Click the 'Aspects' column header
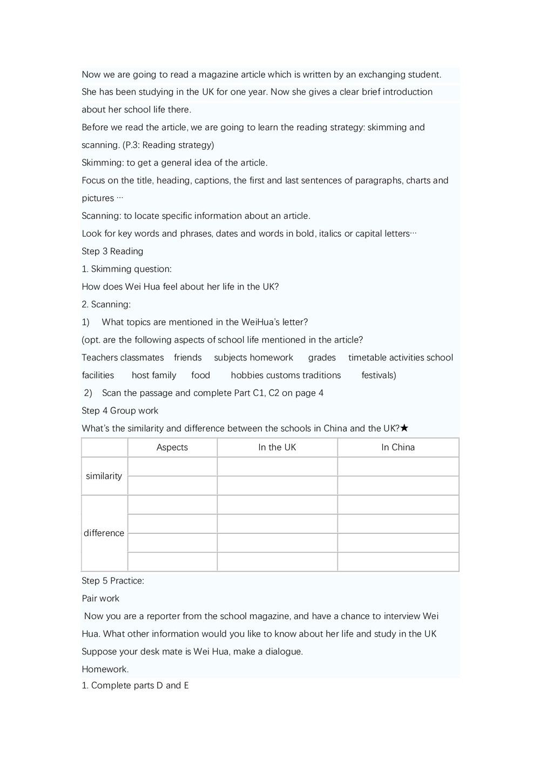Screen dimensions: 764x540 point(172,447)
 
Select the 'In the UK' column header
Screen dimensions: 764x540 point(277,447)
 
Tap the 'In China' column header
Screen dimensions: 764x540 point(398,447)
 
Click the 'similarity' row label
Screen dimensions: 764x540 point(104,476)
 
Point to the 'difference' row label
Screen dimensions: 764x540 point(104,533)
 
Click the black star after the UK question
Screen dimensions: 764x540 point(404,428)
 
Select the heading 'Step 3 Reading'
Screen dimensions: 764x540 point(112,251)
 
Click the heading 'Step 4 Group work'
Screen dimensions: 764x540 point(120,411)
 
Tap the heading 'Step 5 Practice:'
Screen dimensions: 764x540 point(113,581)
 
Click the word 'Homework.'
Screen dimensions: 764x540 point(105,669)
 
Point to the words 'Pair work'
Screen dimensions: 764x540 point(100,599)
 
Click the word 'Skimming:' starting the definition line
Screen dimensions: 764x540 point(103,163)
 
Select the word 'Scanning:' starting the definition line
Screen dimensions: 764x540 point(102,216)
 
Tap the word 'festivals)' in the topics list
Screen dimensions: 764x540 point(379,376)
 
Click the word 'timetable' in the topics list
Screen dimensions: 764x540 point(367,358)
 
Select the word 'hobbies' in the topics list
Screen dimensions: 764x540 point(246,376)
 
